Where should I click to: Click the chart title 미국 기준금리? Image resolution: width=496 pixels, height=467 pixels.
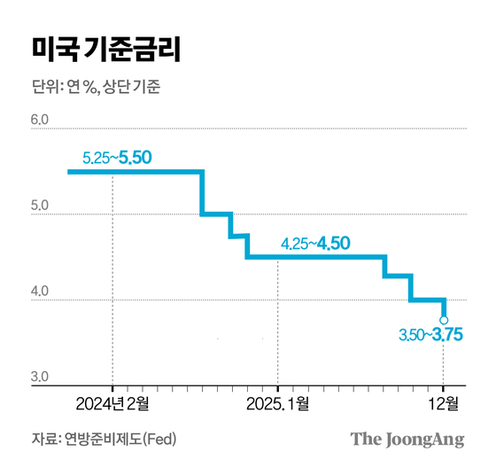pyautogui.click(x=105, y=51)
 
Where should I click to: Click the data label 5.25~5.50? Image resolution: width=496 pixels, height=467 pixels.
pyautogui.click(x=117, y=158)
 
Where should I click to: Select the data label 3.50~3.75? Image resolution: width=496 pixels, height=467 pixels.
pyautogui.click(x=430, y=336)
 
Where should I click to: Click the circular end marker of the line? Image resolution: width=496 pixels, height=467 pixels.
pyautogui.click(x=444, y=320)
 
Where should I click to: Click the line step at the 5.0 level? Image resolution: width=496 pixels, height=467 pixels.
pyautogui.click(x=217, y=214)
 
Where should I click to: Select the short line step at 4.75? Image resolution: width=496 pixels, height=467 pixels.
pyautogui.click(x=238, y=236)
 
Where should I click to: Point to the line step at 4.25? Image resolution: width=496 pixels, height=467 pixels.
pyautogui.click(x=397, y=277)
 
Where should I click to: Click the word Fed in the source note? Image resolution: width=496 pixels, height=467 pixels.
pyautogui.click(x=161, y=440)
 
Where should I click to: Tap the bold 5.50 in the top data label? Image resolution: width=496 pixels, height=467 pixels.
pyautogui.click(x=136, y=158)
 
